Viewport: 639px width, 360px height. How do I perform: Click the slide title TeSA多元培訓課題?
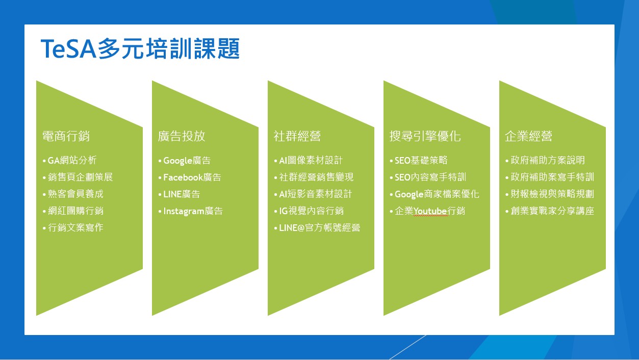point(140,49)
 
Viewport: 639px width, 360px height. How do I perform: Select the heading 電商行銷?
point(66,136)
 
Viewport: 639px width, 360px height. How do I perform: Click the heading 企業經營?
point(528,136)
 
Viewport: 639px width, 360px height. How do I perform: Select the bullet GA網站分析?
point(72,160)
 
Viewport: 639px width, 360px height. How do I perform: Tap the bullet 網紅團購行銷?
point(75,211)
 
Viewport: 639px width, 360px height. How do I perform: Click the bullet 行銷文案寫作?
point(75,227)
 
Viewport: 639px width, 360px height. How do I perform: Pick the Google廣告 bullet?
point(187,160)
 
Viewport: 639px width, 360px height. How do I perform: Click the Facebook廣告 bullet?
point(192,177)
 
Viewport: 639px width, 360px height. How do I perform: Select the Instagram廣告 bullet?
point(193,211)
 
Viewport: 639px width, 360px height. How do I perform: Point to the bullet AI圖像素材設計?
point(311,160)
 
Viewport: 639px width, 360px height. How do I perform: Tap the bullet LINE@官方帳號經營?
point(319,227)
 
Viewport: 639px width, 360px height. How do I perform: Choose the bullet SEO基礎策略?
point(421,160)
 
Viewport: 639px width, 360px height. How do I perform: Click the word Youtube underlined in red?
point(430,211)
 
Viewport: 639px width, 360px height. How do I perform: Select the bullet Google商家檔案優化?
point(437,194)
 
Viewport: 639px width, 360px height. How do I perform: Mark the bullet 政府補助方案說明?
point(548,160)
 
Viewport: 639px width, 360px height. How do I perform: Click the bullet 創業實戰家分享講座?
point(552,211)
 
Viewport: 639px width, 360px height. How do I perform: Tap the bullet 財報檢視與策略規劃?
point(552,194)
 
